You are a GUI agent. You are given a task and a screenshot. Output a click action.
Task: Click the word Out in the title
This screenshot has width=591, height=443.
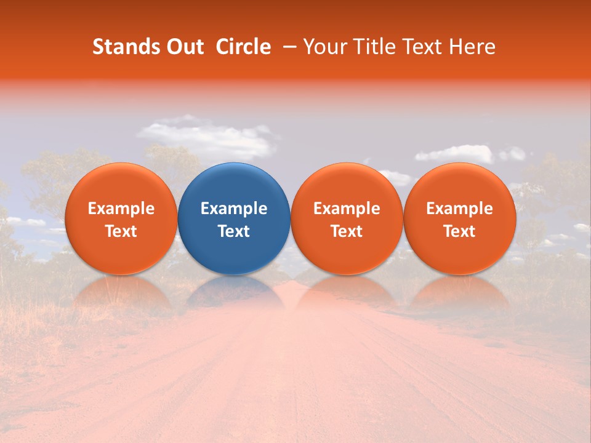click(184, 47)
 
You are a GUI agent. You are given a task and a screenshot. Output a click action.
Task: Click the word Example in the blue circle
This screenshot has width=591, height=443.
click(234, 209)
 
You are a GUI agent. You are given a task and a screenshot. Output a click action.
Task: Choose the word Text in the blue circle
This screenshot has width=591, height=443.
click(234, 231)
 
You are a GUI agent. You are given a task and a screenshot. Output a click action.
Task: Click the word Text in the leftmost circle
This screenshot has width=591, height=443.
click(121, 231)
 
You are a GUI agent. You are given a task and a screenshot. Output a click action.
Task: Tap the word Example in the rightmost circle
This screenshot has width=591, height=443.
click(459, 209)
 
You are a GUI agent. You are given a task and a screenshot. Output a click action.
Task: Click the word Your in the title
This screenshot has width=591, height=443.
click(324, 47)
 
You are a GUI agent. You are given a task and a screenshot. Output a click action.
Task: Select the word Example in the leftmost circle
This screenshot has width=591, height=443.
click(121, 209)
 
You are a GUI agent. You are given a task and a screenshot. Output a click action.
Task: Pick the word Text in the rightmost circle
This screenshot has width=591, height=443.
click(459, 231)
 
